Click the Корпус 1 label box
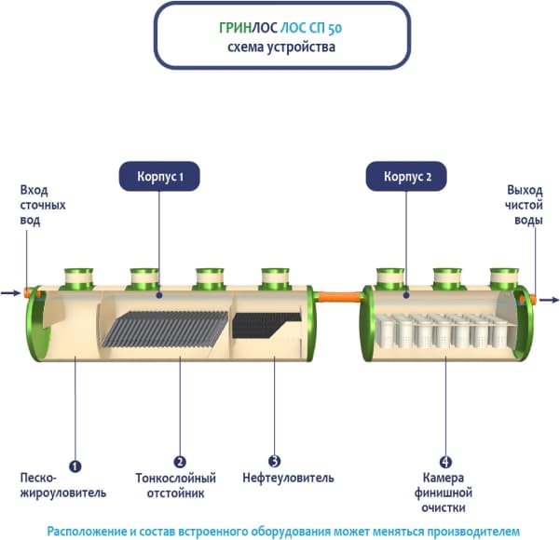pyautogui.click(x=157, y=175)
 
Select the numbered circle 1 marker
pyautogui.click(x=75, y=463)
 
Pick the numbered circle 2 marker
pyautogui.click(x=180, y=463)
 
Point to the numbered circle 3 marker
pyautogui.click(x=273, y=463)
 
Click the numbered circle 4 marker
pyautogui.click(x=445, y=463)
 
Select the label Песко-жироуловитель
pyautogui.click(x=62, y=486)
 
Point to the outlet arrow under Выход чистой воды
pyautogui.click(x=549, y=301)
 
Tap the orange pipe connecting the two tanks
pyautogui.click(x=338, y=298)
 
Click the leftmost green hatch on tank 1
pyautogui.click(x=78, y=277)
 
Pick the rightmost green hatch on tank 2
pyautogui.click(x=504, y=277)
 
